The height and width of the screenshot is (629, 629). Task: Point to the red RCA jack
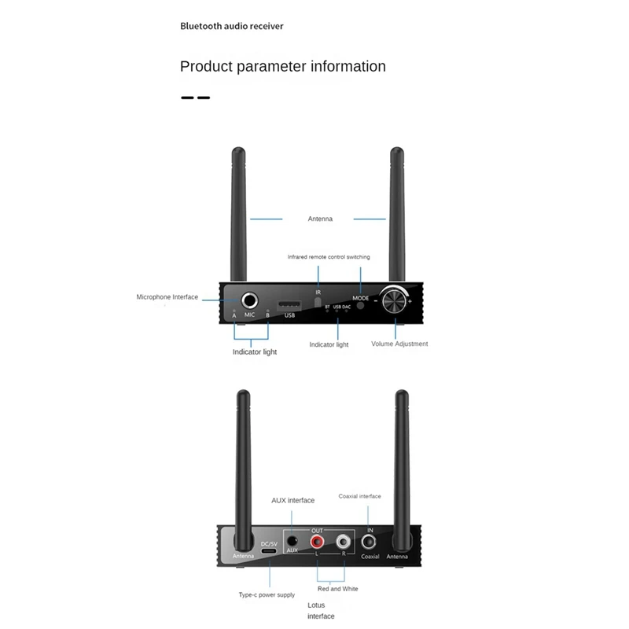click(318, 542)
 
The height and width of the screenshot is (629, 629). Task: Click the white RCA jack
click(343, 542)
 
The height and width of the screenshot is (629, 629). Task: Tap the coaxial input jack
click(370, 542)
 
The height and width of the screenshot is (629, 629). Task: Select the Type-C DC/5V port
click(269, 554)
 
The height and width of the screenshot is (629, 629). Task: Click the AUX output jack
click(292, 540)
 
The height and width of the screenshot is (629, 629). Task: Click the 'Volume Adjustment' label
click(399, 344)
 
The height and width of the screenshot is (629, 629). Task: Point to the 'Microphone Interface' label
click(167, 297)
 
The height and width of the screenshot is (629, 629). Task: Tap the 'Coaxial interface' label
click(359, 496)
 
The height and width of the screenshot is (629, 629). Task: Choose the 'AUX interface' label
click(292, 500)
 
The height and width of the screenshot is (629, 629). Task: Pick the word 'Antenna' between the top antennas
click(320, 219)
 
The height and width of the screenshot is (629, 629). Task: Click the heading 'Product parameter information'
click(283, 66)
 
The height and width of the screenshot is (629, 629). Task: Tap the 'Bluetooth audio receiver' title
click(232, 26)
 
